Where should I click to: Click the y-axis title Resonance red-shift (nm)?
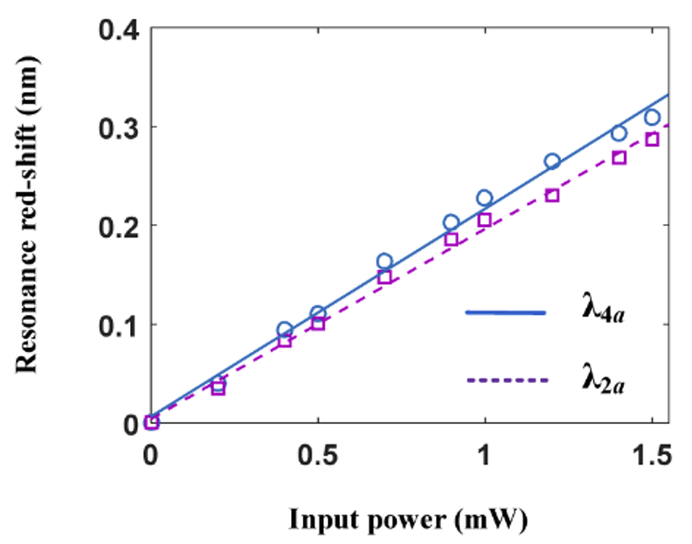tap(27, 226)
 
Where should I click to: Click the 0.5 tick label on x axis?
tap(318, 454)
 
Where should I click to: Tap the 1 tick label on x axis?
tap(485, 454)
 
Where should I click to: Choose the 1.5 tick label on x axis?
tap(651, 454)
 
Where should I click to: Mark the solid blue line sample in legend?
tap(506, 312)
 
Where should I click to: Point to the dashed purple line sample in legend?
tap(506, 379)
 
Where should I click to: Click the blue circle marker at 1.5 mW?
tap(651, 117)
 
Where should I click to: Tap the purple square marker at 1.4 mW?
tap(619, 158)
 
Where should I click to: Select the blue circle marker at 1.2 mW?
tap(552, 161)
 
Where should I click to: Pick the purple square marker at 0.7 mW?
tap(384, 277)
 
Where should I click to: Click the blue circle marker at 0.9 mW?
tap(452, 222)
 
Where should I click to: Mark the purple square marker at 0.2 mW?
tap(218, 389)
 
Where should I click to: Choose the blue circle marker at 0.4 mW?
tap(284, 329)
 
